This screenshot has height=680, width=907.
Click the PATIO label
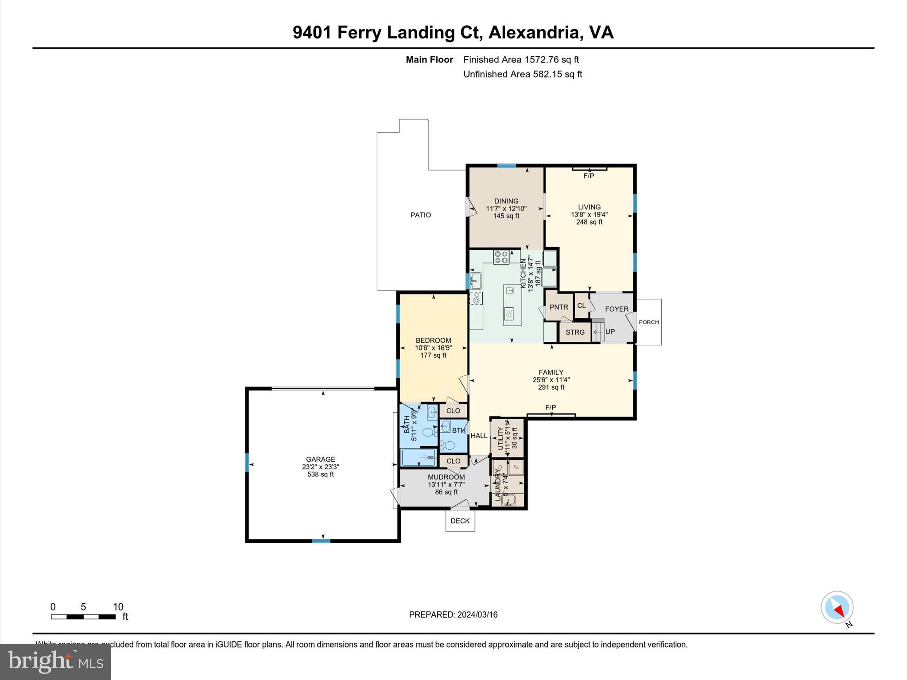pyautogui.click(x=420, y=215)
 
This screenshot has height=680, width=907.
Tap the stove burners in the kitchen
pyautogui.click(x=501, y=257)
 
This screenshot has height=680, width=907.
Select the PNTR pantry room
pyautogui.click(x=558, y=307)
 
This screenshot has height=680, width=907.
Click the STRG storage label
pyautogui.click(x=575, y=332)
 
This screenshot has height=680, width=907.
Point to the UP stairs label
pyautogui.click(x=610, y=332)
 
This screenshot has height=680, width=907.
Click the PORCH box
pyautogui.click(x=649, y=322)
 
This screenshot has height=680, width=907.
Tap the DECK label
pyautogui.click(x=460, y=521)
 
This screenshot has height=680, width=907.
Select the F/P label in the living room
pyautogui.click(x=589, y=176)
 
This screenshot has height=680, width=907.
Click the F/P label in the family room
pyautogui.click(x=550, y=407)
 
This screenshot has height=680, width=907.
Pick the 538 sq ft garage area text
pyautogui.click(x=320, y=475)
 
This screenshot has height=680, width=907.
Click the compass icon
pyautogui.click(x=837, y=607)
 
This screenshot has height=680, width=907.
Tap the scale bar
pyautogui.click(x=83, y=617)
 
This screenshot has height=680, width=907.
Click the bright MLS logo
pyautogui.click(x=55, y=661)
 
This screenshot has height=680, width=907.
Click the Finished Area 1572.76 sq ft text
pyautogui.click(x=521, y=60)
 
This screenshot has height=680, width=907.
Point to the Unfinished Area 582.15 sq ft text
pyautogui.click(x=523, y=74)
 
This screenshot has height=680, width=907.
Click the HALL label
pyautogui.click(x=479, y=436)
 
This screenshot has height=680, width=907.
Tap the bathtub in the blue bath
pyautogui.click(x=419, y=458)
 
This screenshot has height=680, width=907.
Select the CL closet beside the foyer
pyautogui.click(x=581, y=306)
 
